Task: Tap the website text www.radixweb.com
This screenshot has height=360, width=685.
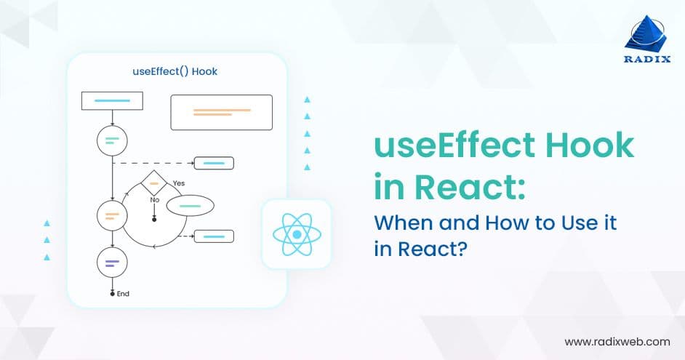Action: pyautogui.click(x=617, y=341)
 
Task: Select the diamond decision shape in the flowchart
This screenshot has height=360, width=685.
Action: pyautogui.click(x=154, y=183)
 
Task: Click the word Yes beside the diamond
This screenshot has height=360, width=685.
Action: pyautogui.click(x=179, y=183)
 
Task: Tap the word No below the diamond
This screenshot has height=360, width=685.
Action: pyautogui.click(x=154, y=199)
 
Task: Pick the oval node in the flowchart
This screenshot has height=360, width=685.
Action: pyautogui.click(x=191, y=207)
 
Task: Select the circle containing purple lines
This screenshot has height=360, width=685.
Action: pyautogui.click(x=112, y=263)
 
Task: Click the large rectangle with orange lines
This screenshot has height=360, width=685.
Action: pyautogui.click(x=221, y=112)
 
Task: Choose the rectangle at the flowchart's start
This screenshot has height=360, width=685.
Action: pyautogui.click(x=112, y=100)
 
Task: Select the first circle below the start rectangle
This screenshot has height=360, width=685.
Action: pyautogui.click(x=112, y=140)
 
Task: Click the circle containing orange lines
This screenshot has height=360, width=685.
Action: pyautogui.click(x=112, y=215)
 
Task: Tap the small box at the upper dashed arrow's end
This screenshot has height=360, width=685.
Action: pyautogui.click(x=214, y=163)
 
